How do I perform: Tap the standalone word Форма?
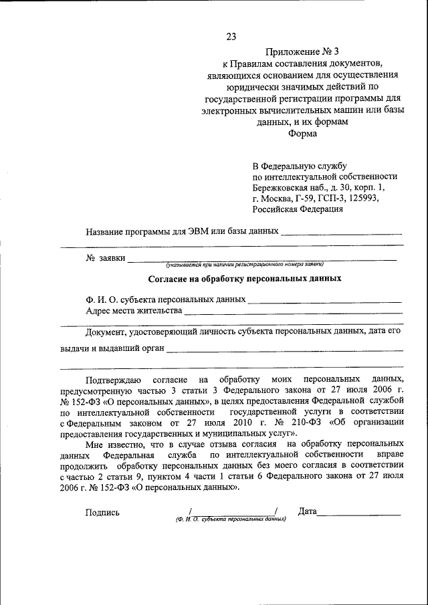pyautogui.click(x=303, y=133)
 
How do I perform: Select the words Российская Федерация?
pyautogui.click(x=298, y=209)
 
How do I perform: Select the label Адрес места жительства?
pyautogui.click(x=134, y=311)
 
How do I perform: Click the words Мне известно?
pyautogui.click(x=113, y=444)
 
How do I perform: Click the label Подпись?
pyautogui.click(x=102, y=513)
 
